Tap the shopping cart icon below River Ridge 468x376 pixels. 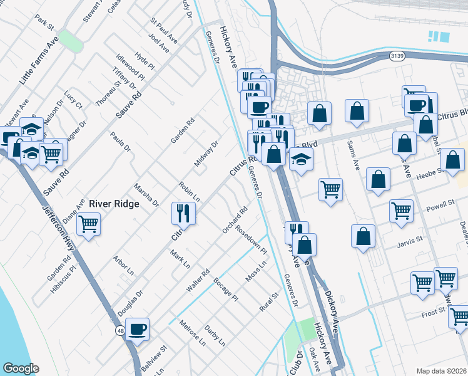[x=89, y=224]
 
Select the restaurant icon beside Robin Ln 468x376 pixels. [x=183, y=214]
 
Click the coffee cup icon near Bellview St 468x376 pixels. [x=137, y=329]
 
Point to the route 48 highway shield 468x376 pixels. [x=119, y=330]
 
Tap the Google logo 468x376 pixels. [x=21, y=368]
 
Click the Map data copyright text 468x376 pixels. [x=442, y=370]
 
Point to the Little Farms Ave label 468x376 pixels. [x=38, y=60]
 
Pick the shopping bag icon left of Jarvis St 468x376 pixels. [x=363, y=236]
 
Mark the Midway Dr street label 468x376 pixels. [x=206, y=154]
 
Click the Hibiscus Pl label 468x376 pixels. [x=63, y=278]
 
